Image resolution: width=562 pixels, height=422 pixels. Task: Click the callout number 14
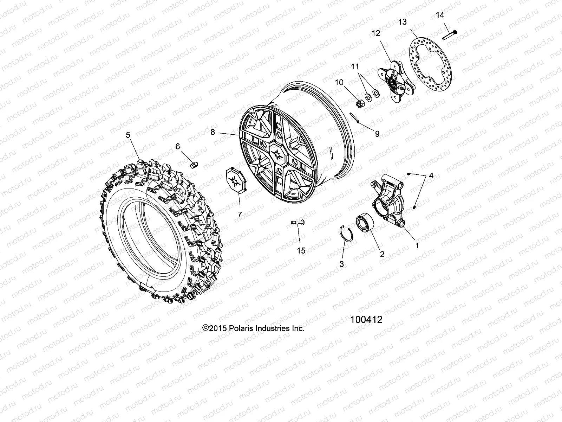click(440, 15)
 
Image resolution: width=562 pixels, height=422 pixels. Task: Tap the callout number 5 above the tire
click(128, 135)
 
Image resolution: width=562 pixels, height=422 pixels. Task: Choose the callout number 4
click(431, 176)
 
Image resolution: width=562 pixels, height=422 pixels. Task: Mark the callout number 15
click(301, 251)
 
